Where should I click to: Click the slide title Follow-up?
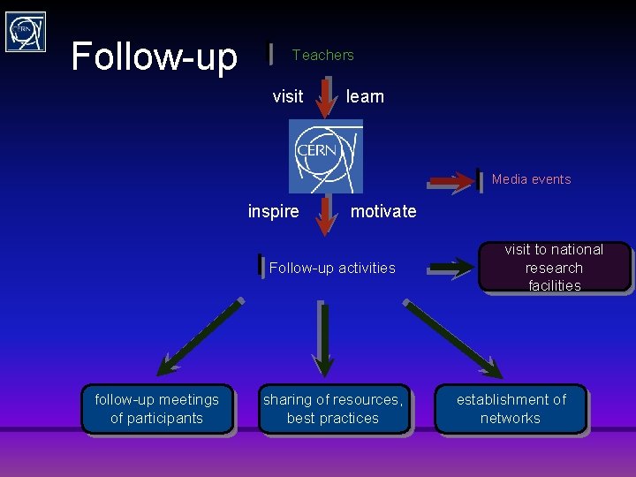[154, 57]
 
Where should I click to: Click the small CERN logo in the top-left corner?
[25, 32]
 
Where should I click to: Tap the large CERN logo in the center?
[325, 155]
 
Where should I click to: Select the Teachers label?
[322, 55]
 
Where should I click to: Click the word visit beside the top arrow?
[287, 96]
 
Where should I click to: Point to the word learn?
[365, 96]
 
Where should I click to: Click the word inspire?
[273, 211]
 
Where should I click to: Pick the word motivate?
[382, 211]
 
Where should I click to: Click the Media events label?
[531, 179]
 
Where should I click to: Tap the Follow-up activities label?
[332, 268]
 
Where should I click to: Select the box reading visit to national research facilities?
[554, 267]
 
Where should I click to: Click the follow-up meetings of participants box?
[156, 409]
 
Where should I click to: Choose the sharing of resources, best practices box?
[333, 409]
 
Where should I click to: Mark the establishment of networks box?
[511, 409]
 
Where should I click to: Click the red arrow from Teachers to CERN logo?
[325, 97]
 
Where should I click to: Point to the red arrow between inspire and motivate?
[326, 215]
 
